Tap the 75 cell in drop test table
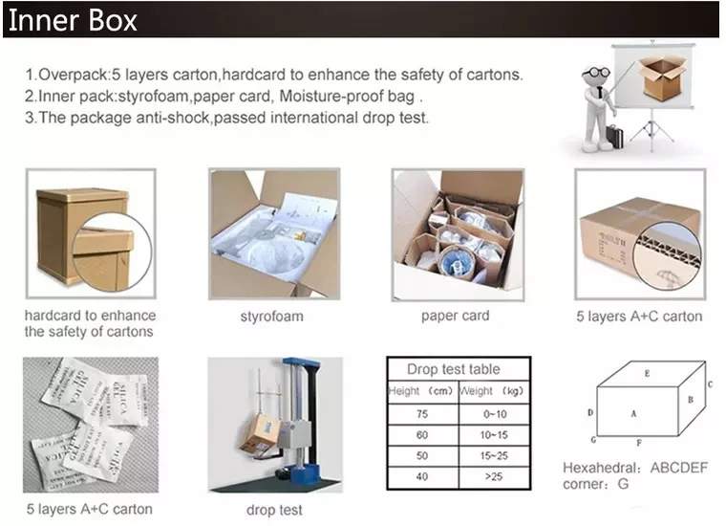(x=422, y=414)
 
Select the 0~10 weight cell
(x=493, y=414)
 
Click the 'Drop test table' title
(x=453, y=369)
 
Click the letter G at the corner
(x=593, y=440)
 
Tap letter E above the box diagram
(x=647, y=373)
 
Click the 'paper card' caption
(x=455, y=316)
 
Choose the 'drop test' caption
(x=274, y=510)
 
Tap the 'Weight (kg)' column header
(x=493, y=391)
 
